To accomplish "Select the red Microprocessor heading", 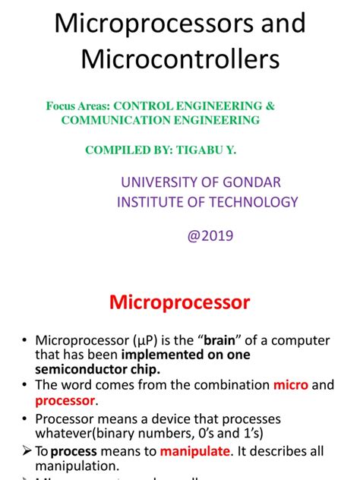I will click(x=180, y=302).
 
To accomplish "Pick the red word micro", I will click(x=291, y=385).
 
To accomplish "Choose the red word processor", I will click(x=65, y=400).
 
